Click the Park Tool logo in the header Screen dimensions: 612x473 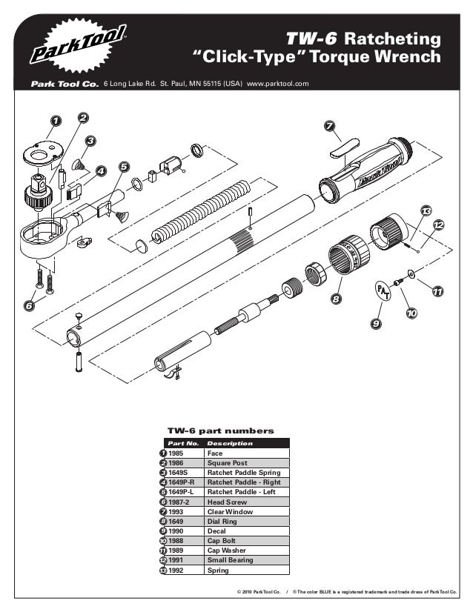pos(79,46)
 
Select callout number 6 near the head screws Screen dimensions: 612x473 pos(29,304)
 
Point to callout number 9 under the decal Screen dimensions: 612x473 pos(377,324)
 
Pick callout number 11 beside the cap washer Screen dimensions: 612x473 pos(437,291)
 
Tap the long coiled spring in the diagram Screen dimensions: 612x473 pos(198,210)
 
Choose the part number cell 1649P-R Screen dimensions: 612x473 pos(181,482)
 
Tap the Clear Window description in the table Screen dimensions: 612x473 pos(230,511)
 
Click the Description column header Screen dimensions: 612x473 pos(230,443)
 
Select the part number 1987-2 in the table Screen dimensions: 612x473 pos(179,502)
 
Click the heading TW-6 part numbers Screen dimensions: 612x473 pos(221,430)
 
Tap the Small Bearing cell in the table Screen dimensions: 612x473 pos(230,561)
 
